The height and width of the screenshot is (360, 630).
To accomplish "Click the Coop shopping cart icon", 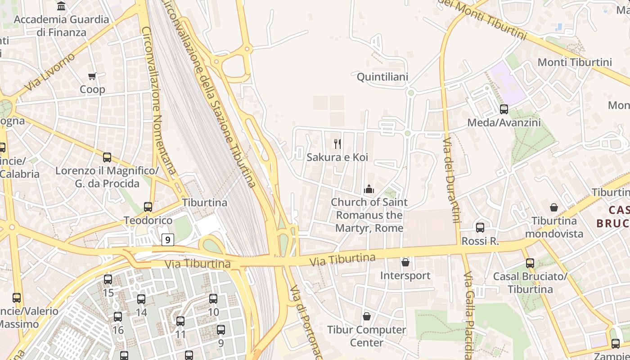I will [92, 76].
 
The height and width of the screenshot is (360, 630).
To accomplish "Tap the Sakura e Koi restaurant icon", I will [337, 144].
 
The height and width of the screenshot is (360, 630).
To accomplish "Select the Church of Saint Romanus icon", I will [369, 189].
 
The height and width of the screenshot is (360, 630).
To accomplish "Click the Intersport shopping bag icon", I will [405, 262].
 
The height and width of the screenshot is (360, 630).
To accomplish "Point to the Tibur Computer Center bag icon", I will [367, 316].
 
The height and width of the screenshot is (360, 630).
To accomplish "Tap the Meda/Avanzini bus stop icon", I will [504, 109].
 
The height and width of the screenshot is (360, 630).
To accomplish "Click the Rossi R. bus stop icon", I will [480, 227].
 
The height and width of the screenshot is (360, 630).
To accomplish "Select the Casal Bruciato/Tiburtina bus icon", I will [530, 263].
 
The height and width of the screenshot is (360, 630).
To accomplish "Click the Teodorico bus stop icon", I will [148, 207].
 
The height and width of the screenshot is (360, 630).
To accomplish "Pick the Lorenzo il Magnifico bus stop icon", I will [107, 157].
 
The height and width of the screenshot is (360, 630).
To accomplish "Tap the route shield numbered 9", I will [167, 240].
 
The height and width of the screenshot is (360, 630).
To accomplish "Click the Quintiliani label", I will [382, 77].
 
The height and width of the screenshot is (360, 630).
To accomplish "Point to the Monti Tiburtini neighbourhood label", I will [575, 62].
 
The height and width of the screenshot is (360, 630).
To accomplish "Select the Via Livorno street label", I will [49, 72].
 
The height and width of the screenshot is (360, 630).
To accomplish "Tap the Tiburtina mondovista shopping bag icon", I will [554, 207].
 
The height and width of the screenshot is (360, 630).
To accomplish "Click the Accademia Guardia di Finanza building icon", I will [62, 6].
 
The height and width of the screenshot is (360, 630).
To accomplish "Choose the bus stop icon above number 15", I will [108, 279].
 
